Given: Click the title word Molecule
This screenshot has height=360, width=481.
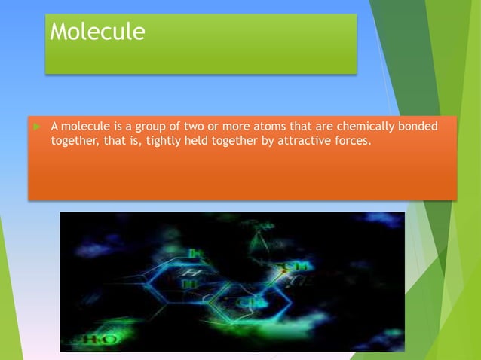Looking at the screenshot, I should (x=97, y=32).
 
